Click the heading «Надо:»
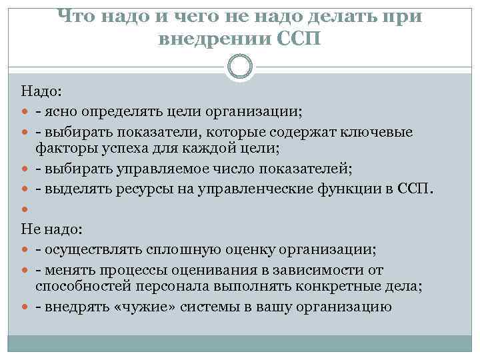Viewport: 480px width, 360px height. (42, 90)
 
